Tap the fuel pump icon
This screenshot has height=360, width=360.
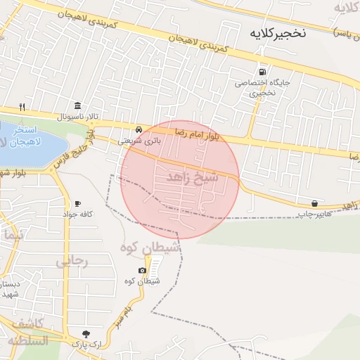[x=263, y=71]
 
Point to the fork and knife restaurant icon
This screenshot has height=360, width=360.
[x=22, y=107]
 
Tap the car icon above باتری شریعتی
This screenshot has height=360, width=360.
[x=140, y=130]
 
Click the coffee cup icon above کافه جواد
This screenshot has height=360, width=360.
[x=77, y=203]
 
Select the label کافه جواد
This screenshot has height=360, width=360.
[x=78, y=214]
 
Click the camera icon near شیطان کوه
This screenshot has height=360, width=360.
[x=143, y=271]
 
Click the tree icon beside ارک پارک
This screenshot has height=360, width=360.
[x=86, y=334]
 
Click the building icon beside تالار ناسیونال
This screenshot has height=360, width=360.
[x=77, y=105]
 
